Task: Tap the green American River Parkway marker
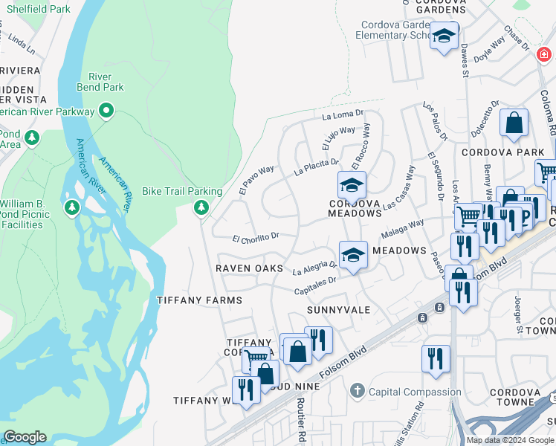(106, 112)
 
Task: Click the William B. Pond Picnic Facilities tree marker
(71, 205)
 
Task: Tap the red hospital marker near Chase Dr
(544, 54)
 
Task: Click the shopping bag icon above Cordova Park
(514, 124)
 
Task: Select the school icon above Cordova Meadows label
(352, 184)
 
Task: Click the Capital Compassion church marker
(358, 390)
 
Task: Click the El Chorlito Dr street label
(255, 239)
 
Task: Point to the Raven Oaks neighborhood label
(249, 268)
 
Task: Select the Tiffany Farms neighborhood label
(199, 300)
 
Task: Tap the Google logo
(25, 437)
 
